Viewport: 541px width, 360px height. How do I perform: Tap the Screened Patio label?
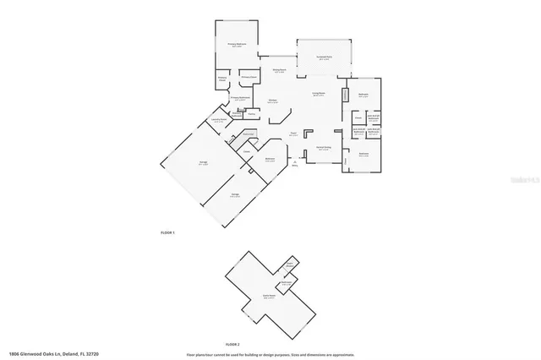pos(324,57)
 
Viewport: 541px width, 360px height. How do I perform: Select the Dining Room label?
pos(279,71)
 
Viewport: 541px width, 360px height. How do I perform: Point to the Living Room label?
pos(320,95)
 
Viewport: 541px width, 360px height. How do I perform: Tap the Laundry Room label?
pos(219,120)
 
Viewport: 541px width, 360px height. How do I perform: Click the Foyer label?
pos(292,134)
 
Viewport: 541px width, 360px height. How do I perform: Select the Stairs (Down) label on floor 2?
pos(289,264)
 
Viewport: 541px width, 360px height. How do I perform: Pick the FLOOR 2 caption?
pos(233,345)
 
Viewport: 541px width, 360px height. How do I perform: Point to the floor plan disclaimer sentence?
pos(270,354)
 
